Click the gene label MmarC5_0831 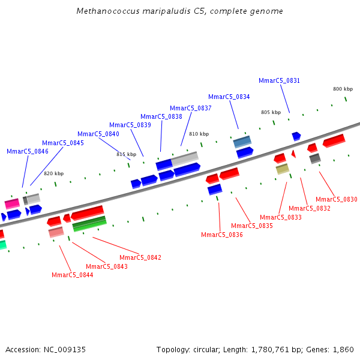pyautogui.click(x=279, y=80)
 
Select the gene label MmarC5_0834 pyautogui.click(x=229, y=97)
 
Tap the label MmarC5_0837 pyautogui.click(x=190, y=108)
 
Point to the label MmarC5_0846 pyautogui.click(x=27, y=151)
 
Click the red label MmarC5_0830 pyautogui.click(x=336, y=199)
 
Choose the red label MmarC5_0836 pyautogui.click(x=221, y=235)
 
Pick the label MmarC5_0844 pyautogui.click(x=72, y=275)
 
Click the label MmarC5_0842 pyautogui.click(x=140, y=257)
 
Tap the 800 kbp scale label pyautogui.click(x=343, y=89)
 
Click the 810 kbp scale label pyautogui.click(x=199, y=134)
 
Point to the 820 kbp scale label pyautogui.click(x=53, y=173)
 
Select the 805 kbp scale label pyautogui.click(x=271, y=112)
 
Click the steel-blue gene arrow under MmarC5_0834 pyautogui.click(x=242, y=142)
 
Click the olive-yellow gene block pyautogui.click(x=282, y=169)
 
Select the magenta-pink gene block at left pyautogui.click(x=12, y=203)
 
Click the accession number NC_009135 pyautogui.click(x=64, y=349)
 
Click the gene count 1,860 pyautogui.click(x=344, y=349)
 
